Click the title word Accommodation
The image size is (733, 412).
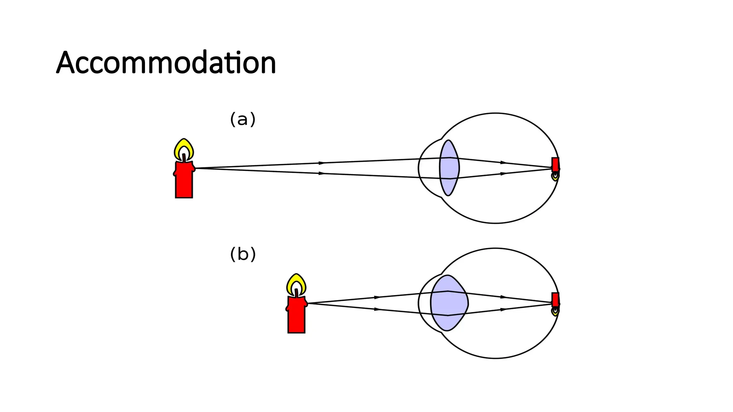[x=166, y=63]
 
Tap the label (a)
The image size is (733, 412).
[x=243, y=119]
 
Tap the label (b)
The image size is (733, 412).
[x=243, y=254]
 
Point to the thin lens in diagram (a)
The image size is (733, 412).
[x=449, y=168]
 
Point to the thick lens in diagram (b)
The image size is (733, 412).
[x=449, y=303]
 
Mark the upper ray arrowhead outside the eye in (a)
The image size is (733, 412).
[x=321, y=163]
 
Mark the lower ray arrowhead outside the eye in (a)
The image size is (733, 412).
[x=321, y=173]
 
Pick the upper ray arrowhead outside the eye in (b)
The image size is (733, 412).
[x=377, y=297]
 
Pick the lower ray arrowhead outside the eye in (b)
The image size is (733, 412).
[x=377, y=309]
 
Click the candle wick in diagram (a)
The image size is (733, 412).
[x=184, y=158]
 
